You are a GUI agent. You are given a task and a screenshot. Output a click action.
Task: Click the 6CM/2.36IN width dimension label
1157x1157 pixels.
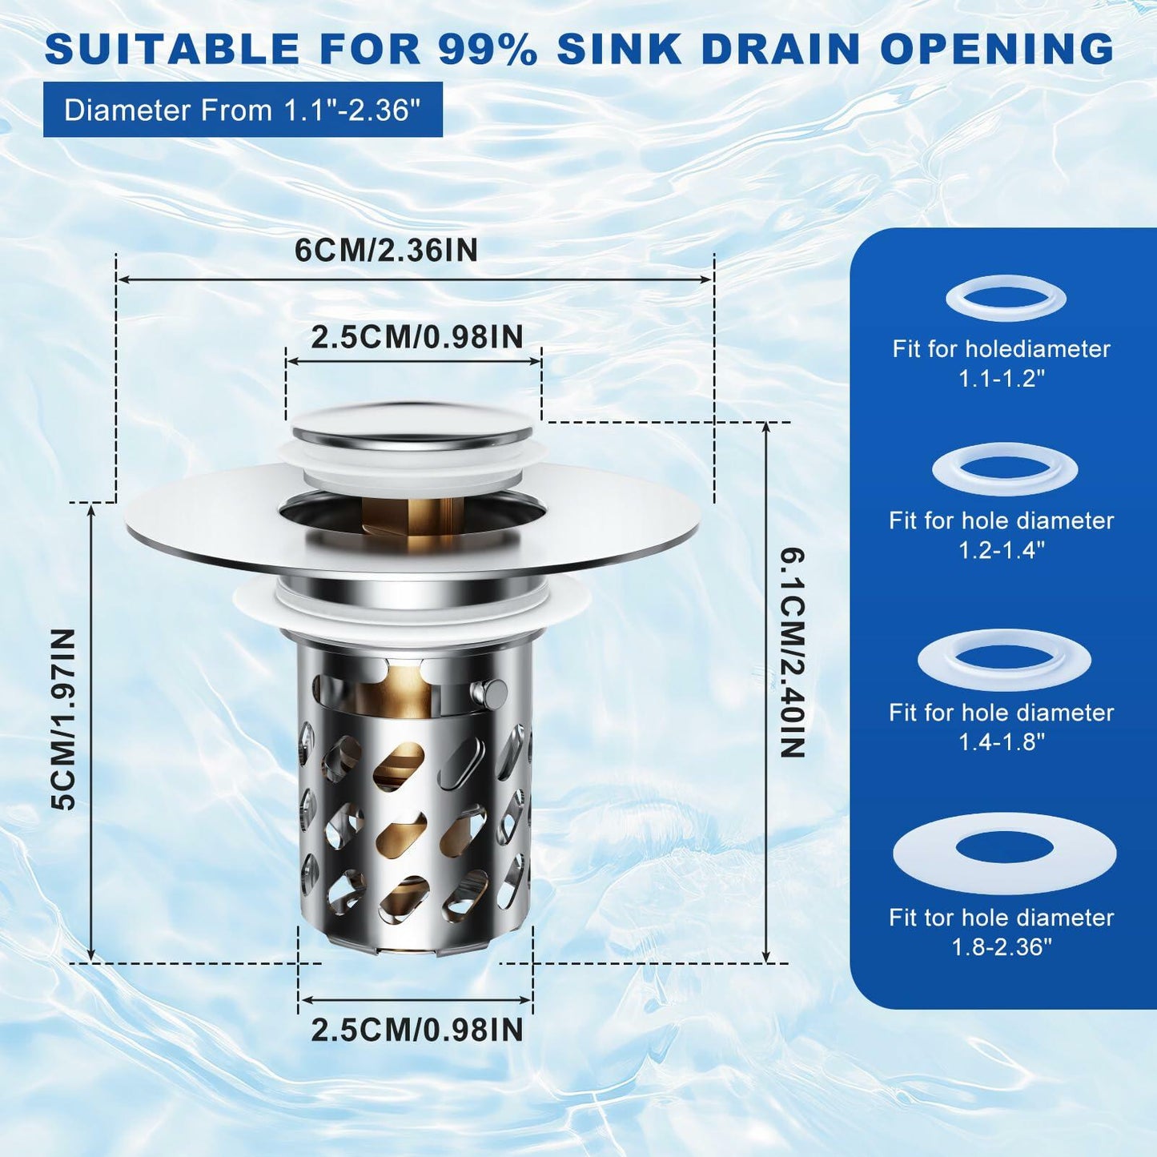point(386,251)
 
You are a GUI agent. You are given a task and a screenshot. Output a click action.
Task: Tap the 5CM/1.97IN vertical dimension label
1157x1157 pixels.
point(64,719)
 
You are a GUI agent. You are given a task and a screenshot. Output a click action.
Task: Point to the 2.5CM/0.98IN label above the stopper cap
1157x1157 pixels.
point(416,337)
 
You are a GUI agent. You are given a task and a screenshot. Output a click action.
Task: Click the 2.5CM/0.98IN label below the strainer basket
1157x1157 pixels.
point(416,1030)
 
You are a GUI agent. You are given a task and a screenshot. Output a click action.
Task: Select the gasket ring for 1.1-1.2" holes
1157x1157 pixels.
point(1006,299)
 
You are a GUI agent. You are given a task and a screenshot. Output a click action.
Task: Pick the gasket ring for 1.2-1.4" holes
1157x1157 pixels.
point(1005,469)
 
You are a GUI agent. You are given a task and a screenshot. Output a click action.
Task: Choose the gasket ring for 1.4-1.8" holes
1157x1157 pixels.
point(1004,660)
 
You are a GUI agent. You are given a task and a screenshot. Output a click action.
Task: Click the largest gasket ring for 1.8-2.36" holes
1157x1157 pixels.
point(1004,854)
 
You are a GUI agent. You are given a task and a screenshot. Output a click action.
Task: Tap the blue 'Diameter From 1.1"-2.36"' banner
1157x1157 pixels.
point(243,110)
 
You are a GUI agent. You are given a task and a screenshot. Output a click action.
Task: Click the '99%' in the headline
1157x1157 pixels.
point(488,49)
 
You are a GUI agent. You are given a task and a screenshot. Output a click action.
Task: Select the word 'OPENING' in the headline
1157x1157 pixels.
point(997,49)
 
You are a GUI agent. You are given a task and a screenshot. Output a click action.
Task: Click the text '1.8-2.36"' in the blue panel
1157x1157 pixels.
point(1001,947)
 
